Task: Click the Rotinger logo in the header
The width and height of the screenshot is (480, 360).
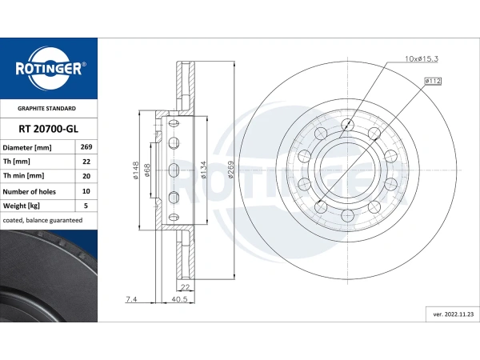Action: (48, 68)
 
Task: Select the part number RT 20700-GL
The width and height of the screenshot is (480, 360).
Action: (48, 128)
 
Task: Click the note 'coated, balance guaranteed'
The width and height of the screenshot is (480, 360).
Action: (43, 220)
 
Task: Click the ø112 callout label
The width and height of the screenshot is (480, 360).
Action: (434, 81)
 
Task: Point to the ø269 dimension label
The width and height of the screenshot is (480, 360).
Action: (230, 170)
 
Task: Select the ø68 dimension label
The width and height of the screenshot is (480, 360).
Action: (149, 171)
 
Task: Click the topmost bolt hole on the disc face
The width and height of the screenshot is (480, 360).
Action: (347, 124)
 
